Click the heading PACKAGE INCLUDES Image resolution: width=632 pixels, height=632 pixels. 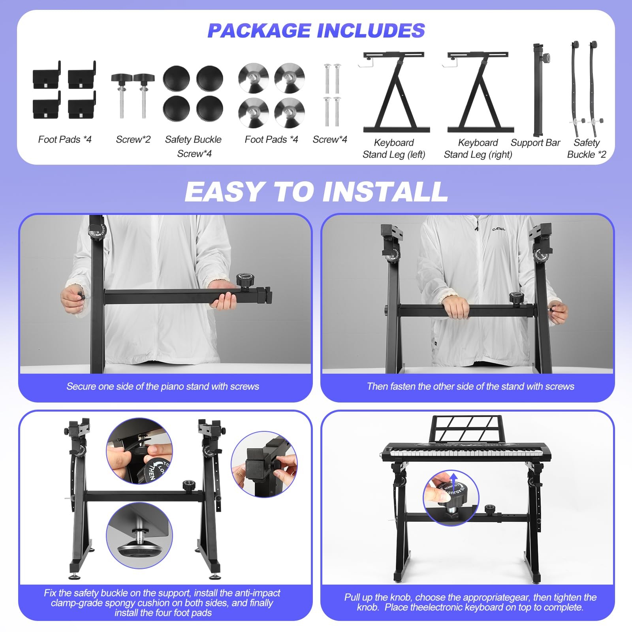click(316, 31)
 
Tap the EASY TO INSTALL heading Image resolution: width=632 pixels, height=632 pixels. click(316, 192)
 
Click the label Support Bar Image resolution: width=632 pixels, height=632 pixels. click(535, 143)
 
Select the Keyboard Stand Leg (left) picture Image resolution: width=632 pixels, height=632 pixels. click(394, 92)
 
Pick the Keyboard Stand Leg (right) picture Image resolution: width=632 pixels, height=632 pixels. click(478, 92)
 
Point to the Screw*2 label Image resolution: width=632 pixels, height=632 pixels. click(133, 139)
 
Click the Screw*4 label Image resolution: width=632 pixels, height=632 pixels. click(330, 139)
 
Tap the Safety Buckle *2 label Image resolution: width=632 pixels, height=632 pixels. click(586, 149)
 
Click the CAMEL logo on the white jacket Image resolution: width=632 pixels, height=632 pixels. click(498, 229)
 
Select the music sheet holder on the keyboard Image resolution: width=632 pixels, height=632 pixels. click(468, 429)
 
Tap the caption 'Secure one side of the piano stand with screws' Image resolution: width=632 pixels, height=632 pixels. click(163, 386)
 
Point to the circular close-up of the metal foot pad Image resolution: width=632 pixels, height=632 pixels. click(139, 536)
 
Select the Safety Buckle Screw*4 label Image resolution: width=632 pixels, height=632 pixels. click(194, 146)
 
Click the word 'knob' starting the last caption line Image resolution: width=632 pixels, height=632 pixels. click(367, 607)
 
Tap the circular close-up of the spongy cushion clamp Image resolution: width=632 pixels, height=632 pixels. click(264, 465)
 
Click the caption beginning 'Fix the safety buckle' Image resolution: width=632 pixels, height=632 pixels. click(162, 603)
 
